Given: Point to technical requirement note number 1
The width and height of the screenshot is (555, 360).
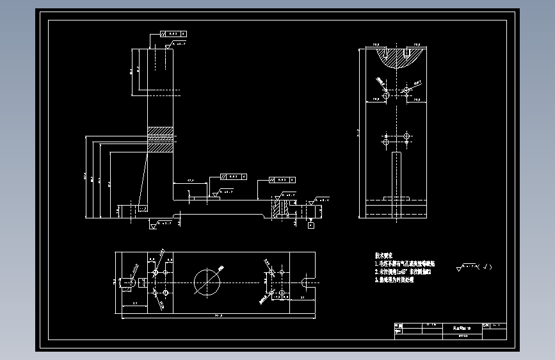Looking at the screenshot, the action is click(405, 263).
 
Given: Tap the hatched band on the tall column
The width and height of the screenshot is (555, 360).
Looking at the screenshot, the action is click(161, 139).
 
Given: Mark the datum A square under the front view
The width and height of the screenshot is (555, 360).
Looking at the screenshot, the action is click(311, 225).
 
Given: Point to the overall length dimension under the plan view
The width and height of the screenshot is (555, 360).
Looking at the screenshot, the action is click(218, 315).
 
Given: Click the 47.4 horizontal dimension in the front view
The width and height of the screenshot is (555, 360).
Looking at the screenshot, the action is click(190, 182).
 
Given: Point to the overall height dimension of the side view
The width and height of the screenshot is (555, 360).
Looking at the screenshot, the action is click(359, 133).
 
